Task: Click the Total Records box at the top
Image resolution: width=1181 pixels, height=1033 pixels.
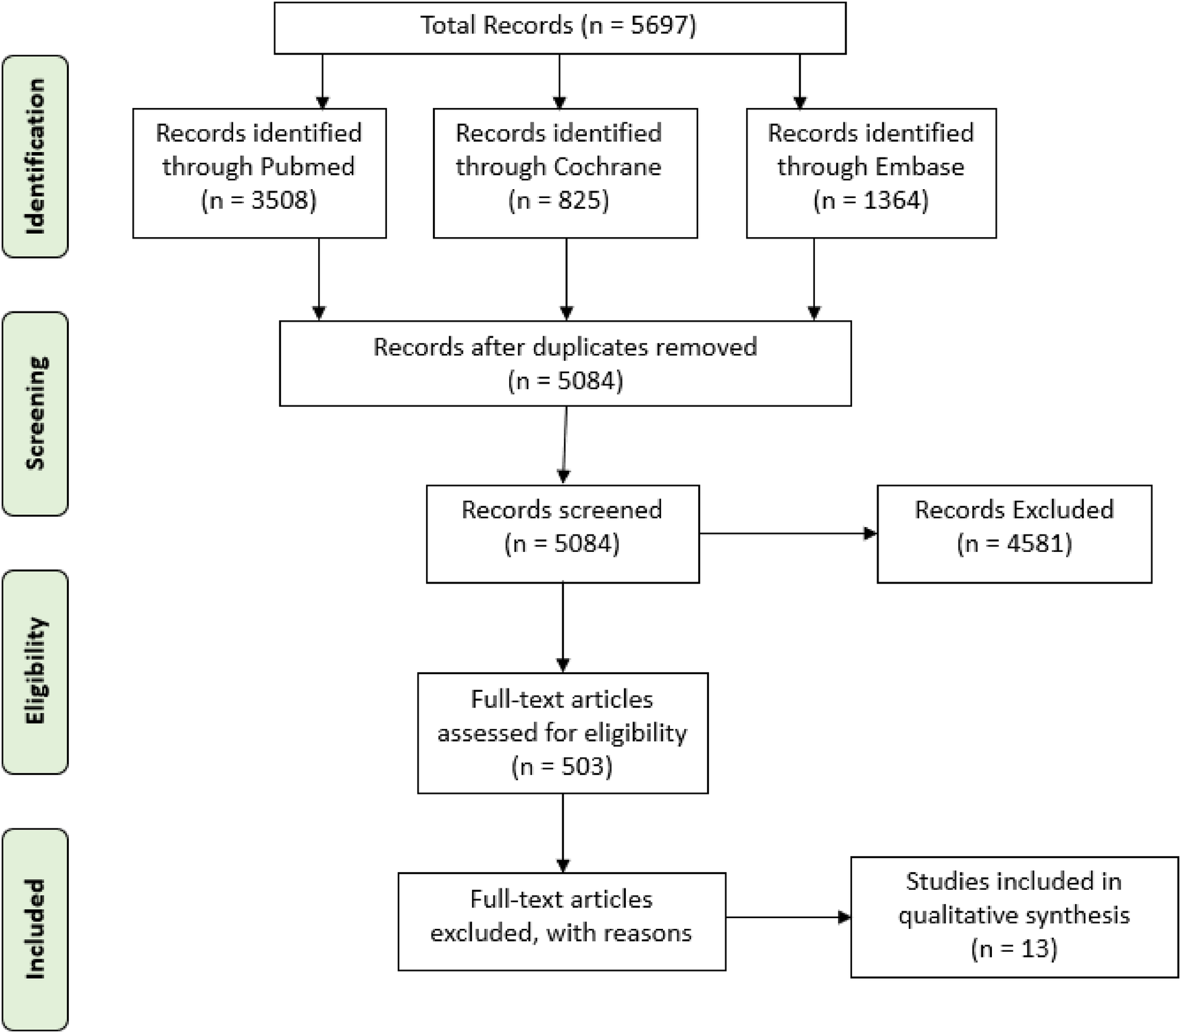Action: [x=559, y=27]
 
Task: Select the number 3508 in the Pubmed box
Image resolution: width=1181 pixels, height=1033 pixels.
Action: [x=280, y=201]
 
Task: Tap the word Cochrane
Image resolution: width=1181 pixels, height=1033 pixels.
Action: [x=606, y=167]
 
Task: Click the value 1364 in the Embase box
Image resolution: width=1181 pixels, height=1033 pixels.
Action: [x=894, y=201]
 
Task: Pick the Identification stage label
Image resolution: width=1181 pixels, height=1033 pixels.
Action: [x=35, y=156]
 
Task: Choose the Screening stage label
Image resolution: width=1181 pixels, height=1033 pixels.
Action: [x=35, y=413]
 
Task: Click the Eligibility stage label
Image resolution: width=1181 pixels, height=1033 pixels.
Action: [x=35, y=671]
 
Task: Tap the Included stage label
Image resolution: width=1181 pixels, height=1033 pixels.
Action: [x=35, y=929]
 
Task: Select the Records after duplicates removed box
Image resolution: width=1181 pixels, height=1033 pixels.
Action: [x=565, y=363]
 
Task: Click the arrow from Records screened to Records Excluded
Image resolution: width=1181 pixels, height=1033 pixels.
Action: [x=787, y=534]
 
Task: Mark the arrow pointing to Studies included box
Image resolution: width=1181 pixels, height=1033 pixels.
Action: [x=787, y=917]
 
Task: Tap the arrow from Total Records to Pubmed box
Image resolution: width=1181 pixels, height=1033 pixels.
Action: [x=323, y=81]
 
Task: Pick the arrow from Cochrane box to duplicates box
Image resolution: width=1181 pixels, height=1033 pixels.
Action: [x=567, y=279]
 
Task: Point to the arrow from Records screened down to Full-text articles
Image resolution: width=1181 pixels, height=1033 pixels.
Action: [x=563, y=627]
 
